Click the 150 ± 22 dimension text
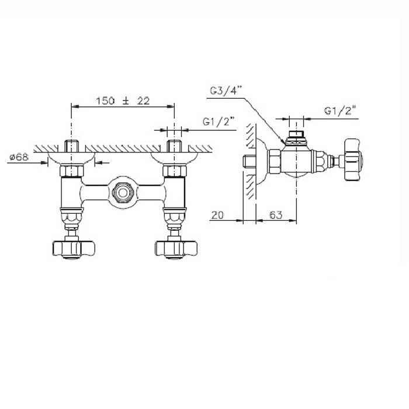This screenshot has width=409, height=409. click(x=123, y=101)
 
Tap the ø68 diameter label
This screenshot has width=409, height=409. click(x=19, y=157)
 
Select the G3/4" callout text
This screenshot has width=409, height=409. click(x=227, y=91)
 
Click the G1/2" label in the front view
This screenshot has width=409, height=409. click(x=219, y=122)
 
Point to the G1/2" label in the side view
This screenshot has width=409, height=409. click(x=341, y=111)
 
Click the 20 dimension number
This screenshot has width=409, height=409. click(x=217, y=215)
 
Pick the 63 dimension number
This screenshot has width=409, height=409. click(x=276, y=215)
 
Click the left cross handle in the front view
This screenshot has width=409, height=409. click(x=74, y=249)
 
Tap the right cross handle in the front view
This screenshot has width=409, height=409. click(x=176, y=249)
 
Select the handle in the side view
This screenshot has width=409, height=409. click(x=353, y=160)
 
